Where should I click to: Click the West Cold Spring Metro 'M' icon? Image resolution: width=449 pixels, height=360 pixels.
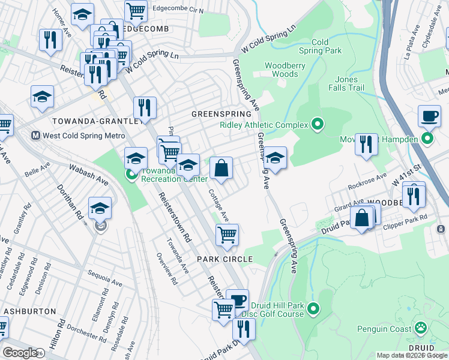(x=35, y=136)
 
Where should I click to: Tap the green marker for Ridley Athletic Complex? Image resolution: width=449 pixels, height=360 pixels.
(x=318, y=125)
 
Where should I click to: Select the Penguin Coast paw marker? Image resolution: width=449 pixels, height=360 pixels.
(x=421, y=328)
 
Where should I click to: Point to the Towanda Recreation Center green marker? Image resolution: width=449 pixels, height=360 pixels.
(x=132, y=175)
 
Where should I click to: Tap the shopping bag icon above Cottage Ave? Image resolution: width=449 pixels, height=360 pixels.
(x=221, y=169)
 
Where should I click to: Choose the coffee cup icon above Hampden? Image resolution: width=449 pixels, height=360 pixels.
(x=429, y=116)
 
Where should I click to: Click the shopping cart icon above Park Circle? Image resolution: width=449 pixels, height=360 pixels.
(x=227, y=235)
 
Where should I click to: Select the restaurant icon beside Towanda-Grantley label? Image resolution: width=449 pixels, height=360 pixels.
(x=145, y=108)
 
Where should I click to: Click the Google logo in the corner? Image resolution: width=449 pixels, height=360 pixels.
(x=19, y=352)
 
